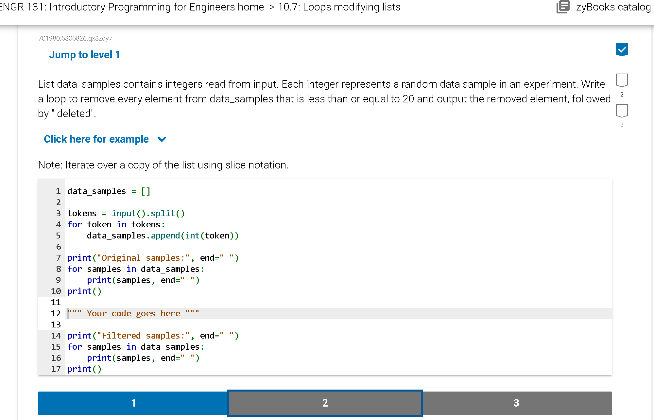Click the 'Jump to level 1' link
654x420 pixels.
84,55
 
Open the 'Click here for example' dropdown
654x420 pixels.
96,139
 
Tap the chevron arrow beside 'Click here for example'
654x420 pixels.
162,139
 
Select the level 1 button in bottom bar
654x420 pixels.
133,403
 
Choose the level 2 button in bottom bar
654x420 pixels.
325,403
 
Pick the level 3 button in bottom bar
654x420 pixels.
517,403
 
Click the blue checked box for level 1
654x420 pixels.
622,50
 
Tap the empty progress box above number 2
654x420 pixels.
622,80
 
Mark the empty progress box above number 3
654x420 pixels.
622,111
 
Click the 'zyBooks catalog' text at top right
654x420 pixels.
613,7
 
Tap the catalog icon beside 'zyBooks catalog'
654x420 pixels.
563,7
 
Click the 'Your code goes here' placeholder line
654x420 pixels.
133,313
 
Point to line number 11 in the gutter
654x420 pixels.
56,302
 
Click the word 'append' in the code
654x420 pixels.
165,236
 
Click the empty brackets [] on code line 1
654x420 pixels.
146,191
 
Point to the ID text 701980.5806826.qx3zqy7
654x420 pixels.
75,38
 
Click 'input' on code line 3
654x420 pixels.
124,213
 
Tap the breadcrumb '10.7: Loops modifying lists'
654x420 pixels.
339,7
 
